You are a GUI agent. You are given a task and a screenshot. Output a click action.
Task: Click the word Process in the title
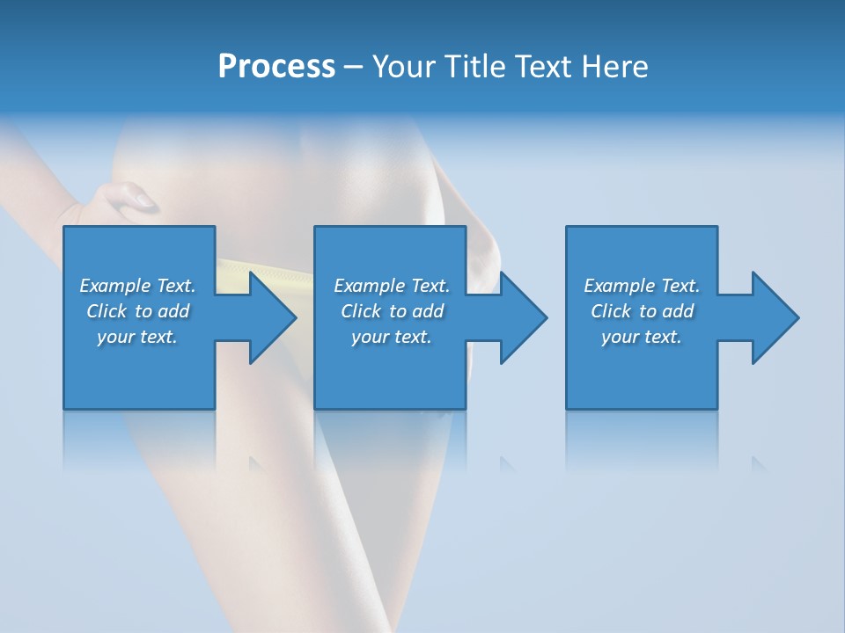click(276, 67)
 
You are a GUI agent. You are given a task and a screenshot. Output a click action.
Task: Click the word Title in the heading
click(474, 67)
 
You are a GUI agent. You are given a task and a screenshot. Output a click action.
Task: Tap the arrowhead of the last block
click(774, 317)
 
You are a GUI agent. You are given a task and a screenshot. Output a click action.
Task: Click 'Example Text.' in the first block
click(137, 286)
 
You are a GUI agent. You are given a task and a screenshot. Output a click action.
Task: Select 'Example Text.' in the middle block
click(392, 286)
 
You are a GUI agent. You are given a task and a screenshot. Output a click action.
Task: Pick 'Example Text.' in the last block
click(642, 286)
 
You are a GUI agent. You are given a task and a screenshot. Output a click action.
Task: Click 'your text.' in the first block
click(137, 337)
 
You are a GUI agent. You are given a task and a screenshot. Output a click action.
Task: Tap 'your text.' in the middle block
click(392, 337)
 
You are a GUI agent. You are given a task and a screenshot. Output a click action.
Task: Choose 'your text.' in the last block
click(642, 337)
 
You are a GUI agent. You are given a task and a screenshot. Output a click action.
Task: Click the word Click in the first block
click(107, 311)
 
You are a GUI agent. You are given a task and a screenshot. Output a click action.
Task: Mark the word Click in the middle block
click(361, 311)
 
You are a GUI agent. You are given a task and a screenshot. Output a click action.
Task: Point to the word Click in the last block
click(611, 311)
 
